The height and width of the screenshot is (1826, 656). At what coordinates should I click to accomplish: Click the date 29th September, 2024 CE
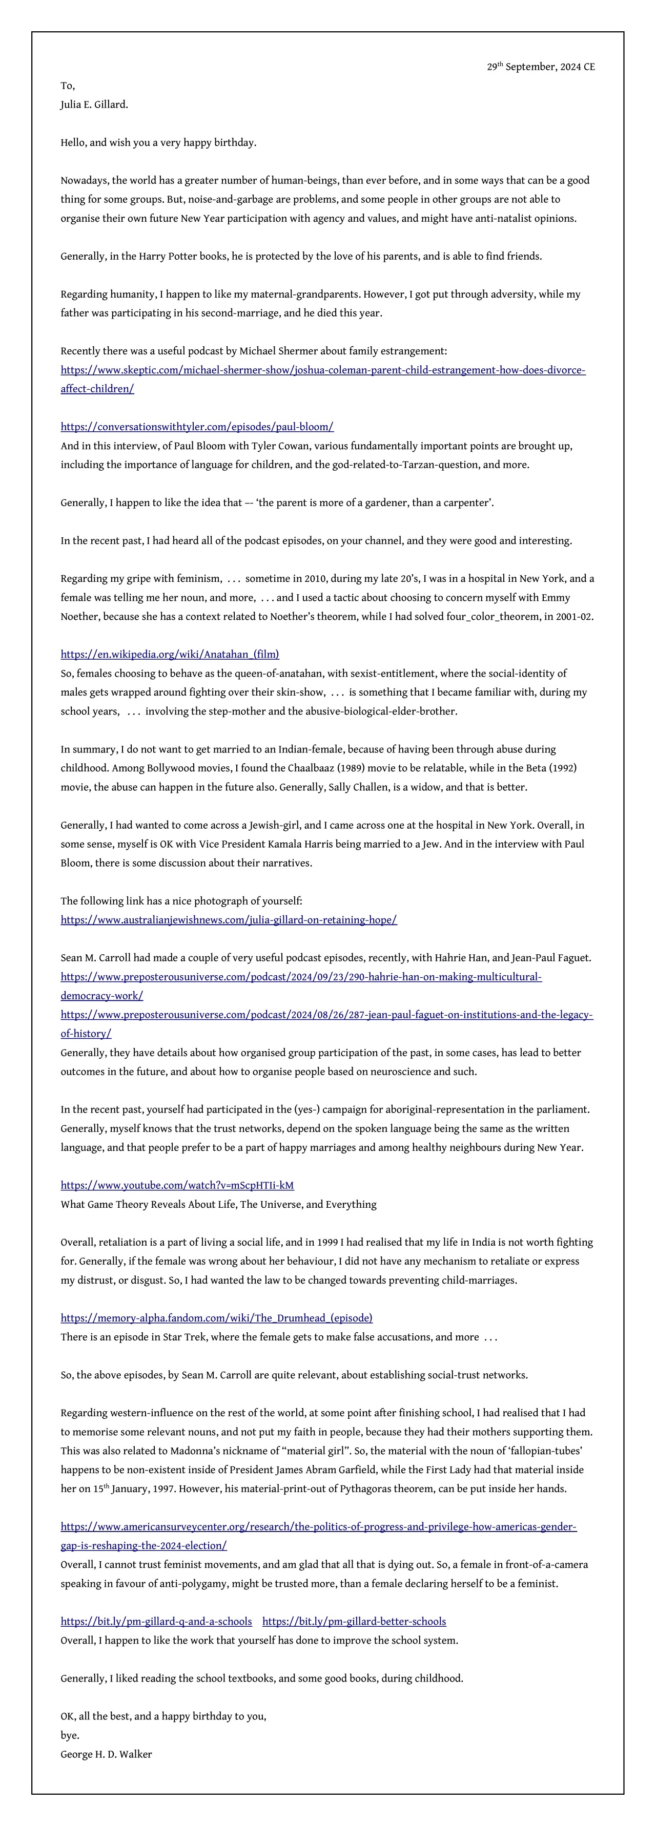(x=540, y=67)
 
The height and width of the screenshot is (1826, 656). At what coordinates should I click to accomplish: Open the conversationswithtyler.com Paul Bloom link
(x=197, y=427)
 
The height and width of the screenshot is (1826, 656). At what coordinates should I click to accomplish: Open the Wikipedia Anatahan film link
(x=170, y=654)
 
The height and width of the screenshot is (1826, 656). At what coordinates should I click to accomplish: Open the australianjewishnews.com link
(x=229, y=920)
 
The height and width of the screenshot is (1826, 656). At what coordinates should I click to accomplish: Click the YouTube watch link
(x=177, y=1185)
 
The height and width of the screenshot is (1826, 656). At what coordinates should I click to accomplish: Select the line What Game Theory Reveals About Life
(x=218, y=1204)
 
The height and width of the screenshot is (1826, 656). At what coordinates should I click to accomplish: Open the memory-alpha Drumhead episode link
(x=216, y=1318)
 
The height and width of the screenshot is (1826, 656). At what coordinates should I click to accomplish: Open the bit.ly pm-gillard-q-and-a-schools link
(x=156, y=1621)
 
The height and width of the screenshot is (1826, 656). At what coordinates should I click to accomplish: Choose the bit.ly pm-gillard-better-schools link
(x=354, y=1621)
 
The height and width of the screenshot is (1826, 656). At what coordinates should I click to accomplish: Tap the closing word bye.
(x=70, y=1735)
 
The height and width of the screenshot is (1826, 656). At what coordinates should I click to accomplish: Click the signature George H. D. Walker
(x=107, y=1754)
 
